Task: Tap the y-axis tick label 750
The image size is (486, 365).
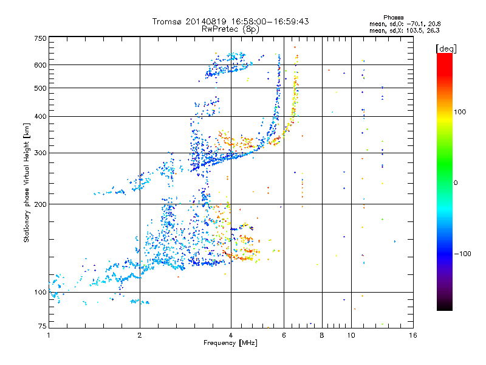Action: (41, 38)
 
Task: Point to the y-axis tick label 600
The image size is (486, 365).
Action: (41, 65)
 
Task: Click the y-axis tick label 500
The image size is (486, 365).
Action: (41, 88)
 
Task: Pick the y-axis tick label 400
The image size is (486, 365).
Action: (41, 116)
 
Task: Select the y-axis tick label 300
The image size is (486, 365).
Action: (41, 153)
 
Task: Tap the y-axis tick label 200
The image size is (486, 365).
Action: (41, 204)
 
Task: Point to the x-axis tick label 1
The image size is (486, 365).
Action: (49, 335)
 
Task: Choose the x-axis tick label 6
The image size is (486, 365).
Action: (284, 335)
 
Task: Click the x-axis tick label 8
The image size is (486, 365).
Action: (321, 335)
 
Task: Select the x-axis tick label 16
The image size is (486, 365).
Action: (412, 335)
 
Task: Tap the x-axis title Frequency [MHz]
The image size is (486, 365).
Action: (230, 344)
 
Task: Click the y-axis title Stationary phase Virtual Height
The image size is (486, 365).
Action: (27, 182)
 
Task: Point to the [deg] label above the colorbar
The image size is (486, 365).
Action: (446, 48)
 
